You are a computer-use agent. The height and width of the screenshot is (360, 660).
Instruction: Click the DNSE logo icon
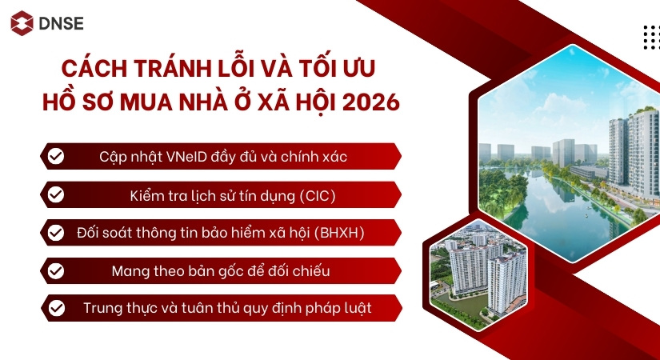pyautogui.click(x=22, y=23)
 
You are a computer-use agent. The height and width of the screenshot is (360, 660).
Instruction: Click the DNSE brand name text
pyautogui.click(x=60, y=23)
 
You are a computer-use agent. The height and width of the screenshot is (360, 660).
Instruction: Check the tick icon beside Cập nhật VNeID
pyautogui.click(x=56, y=156)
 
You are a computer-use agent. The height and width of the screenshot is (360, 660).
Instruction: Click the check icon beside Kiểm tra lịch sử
pyautogui.click(x=56, y=194)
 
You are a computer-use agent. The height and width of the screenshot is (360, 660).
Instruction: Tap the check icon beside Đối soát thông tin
pyautogui.click(x=56, y=233)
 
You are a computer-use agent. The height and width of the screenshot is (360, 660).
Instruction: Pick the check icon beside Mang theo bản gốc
pyautogui.click(x=56, y=270)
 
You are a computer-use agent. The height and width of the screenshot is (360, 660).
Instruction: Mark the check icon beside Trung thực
pyautogui.click(x=56, y=308)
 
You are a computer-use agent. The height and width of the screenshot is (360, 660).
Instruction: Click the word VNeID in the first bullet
pyautogui.click(x=186, y=156)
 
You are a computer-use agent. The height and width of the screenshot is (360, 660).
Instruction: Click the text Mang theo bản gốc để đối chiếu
pyautogui.click(x=221, y=270)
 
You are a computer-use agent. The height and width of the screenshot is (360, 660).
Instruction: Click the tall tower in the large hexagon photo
pyautogui.click(x=640, y=148)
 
